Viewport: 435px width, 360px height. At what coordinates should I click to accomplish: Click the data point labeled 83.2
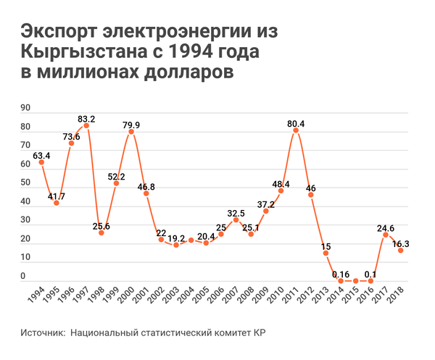coord(86,125)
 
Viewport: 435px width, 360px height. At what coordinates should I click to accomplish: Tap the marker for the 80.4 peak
coord(296,130)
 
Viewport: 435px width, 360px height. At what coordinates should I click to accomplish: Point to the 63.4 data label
coord(41,155)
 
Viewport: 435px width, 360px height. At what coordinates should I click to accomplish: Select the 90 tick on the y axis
coord(25,109)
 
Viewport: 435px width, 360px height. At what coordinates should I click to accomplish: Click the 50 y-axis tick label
coord(25,183)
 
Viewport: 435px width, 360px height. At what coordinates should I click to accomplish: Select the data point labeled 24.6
coord(386,235)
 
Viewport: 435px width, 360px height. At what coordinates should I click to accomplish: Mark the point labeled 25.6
coord(101,233)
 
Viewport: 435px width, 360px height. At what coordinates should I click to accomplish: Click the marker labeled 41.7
coord(56,203)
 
